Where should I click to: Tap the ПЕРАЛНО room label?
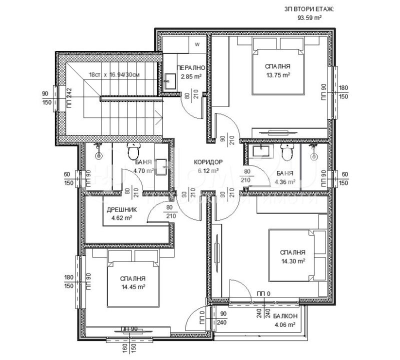click(x=191, y=68)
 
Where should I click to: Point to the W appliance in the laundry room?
click(x=197, y=44)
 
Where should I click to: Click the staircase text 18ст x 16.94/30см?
click(x=113, y=74)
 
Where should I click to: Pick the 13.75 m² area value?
click(x=277, y=75)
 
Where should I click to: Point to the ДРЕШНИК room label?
click(x=121, y=210)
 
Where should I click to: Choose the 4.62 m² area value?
click(x=121, y=218)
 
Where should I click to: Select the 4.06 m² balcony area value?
click(x=285, y=324)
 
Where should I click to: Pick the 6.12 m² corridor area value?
click(x=207, y=170)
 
